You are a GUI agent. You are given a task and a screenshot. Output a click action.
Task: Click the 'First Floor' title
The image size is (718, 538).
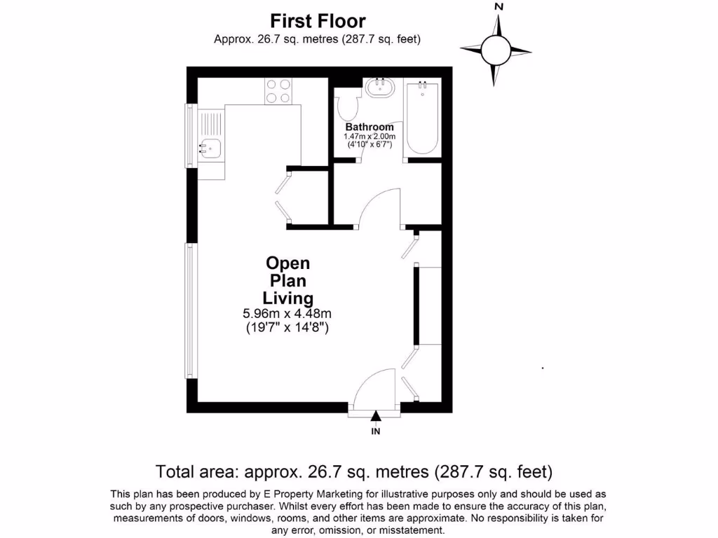tap(318, 21)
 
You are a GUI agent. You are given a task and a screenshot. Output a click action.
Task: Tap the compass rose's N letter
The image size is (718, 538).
tap(499, 6)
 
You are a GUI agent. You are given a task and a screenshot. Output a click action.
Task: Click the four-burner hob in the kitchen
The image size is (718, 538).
tap(278, 91)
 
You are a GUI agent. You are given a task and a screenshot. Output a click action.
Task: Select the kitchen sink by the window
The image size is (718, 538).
tap(211, 148)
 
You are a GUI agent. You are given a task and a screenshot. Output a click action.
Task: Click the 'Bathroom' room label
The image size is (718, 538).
tap(369, 127)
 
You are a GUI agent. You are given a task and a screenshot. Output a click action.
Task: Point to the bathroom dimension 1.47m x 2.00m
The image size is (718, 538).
tap(370, 136)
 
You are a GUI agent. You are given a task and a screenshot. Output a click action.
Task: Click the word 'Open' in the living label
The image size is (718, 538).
tap(287, 263)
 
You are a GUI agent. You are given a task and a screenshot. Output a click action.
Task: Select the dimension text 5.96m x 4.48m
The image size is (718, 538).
tap(287, 314)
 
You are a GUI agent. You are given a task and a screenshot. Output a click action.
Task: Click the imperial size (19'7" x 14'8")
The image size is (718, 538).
tap(287, 327)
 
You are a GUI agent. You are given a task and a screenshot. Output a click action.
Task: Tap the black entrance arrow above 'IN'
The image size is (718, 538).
tap(376, 416)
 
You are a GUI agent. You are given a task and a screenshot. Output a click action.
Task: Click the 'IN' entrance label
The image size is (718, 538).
tap(376, 432)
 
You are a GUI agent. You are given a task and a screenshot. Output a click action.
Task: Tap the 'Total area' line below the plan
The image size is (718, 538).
tap(354, 470)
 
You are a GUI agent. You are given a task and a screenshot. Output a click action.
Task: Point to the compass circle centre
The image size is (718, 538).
tap(496, 49)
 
